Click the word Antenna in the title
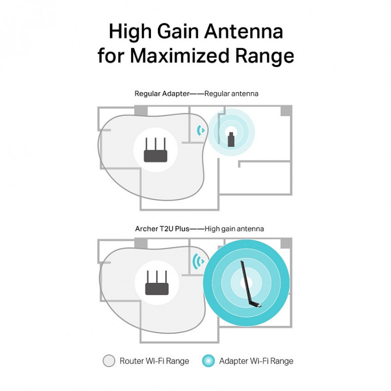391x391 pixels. (243, 31)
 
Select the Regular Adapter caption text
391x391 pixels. (162, 94)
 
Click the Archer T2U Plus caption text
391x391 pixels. (162, 229)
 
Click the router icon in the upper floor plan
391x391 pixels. (155, 150)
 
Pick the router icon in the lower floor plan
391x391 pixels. (157, 282)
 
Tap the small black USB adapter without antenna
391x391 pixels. (231, 139)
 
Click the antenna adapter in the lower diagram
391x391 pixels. (250, 284)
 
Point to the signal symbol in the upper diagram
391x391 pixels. (201, 130)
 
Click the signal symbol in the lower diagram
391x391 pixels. (198, 261)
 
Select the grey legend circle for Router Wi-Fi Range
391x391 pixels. (109, 361)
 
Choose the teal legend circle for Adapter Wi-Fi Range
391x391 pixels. (208, 361)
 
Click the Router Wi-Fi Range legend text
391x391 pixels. (154, 361)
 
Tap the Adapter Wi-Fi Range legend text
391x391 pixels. (256, 361)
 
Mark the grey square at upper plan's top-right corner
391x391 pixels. (286, 110)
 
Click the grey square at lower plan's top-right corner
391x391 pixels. (286, 243)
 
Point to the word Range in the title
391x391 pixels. (264, 56)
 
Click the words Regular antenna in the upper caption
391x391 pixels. (231, 94)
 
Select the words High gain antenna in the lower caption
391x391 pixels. (234, 229)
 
